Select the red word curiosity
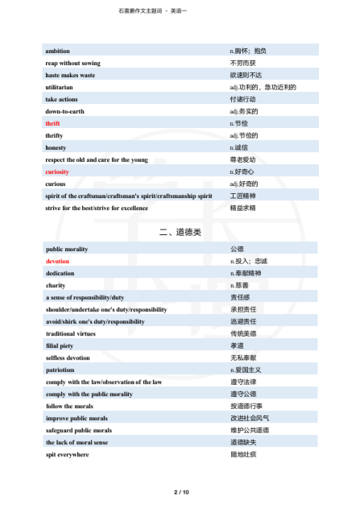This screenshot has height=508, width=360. tap(57, 171)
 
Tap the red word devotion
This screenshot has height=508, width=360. tap(57, 262)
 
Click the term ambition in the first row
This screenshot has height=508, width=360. tap(57, 51)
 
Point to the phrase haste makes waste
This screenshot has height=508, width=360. tap(70, 75)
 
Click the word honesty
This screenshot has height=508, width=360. tap(56, 147)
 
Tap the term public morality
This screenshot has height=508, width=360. tap(68, 250)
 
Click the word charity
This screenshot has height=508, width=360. tap(56, 286)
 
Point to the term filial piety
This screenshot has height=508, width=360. tap(60, 345)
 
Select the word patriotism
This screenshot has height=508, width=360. tap(60, 370)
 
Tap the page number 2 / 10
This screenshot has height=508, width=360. tap(180, 491)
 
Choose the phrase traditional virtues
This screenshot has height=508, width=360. tap(72, 333)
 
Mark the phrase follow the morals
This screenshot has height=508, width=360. tap(69, 406)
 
